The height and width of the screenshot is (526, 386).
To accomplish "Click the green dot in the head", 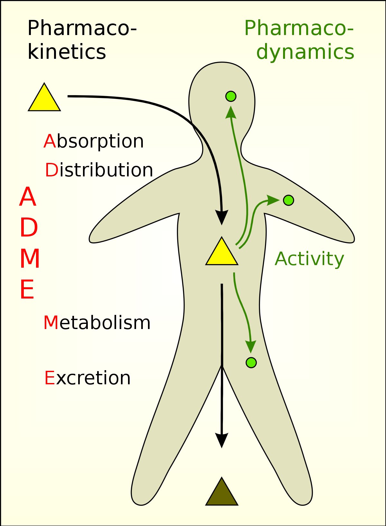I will (x=231, y=96).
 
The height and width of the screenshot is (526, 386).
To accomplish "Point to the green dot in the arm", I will (x=289, y=200).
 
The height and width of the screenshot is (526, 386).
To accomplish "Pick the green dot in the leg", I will (x=251, y=362).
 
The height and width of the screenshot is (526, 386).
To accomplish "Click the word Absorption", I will (x=94, y=141).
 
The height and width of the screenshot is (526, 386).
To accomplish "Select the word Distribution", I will (x=99, y=170).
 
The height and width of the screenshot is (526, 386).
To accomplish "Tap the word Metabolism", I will (x=97, y=323).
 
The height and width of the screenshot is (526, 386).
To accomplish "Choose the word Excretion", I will (x=87, y=378).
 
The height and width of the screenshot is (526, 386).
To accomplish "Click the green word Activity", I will (x=309, y=259).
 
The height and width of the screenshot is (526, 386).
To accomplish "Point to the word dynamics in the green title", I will (x=305, y=52).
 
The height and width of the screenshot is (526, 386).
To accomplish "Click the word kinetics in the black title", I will (x=67, y=52).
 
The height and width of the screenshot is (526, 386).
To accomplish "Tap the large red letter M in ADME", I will (x=30, y=259).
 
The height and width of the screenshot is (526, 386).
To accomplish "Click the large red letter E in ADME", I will (x=27, y=290).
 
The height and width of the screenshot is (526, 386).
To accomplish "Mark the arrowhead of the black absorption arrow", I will (x=222, y=217).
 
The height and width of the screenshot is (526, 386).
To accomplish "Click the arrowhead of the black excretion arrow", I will (x=222, y=440).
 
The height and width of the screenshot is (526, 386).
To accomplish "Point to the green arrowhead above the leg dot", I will (x=251, y=346).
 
